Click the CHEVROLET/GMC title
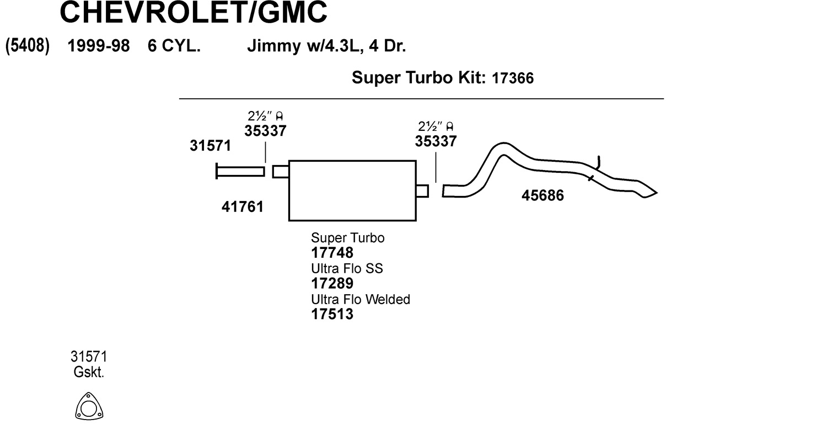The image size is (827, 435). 193,13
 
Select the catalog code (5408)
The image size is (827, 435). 28,46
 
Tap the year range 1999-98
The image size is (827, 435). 98,46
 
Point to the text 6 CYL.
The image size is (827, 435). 174,46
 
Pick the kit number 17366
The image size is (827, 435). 512,78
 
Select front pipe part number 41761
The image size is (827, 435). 243,207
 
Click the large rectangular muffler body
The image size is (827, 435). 352,190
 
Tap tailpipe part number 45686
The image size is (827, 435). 543,195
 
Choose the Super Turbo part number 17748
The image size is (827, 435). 332,253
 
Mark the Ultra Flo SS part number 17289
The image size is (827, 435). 332,284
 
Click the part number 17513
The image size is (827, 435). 332,315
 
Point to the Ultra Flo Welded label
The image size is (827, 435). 361,299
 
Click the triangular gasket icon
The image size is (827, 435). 89,407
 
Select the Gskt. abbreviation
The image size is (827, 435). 89,373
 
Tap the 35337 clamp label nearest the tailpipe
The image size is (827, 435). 436,141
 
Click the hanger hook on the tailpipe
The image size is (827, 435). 599,162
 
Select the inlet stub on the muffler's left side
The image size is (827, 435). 281,172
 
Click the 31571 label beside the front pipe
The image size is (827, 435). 210,146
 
